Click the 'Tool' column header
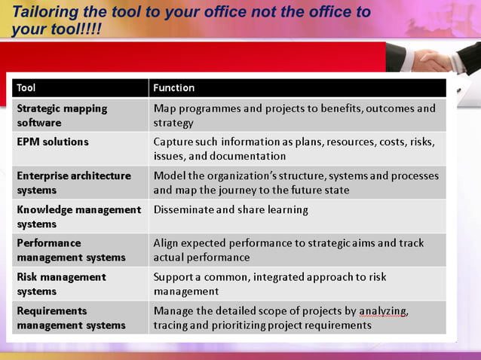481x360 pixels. pos(26,88)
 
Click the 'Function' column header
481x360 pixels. pos(174,88)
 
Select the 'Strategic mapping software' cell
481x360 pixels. pos(62,115)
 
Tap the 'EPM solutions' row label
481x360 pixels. pos(53,142)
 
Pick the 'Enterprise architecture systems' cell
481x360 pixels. pos(74,182)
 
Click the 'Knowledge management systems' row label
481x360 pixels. pos(78,216)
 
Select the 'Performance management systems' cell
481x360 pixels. pos(71,250)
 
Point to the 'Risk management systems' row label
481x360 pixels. pos(61,284)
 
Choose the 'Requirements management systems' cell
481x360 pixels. pos(71,318)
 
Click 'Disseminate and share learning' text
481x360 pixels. pos(231,209)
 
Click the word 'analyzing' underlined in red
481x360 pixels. pos(384,311)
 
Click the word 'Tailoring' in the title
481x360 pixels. pos(45,12)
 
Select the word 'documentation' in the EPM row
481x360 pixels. pos(250,157)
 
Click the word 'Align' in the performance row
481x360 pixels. pos(167,243)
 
